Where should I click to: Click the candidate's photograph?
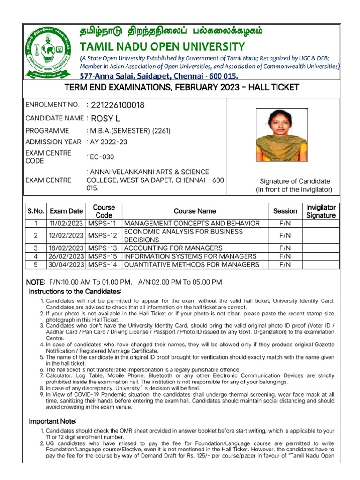(282, 135)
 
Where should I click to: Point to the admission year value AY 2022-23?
(108, 142)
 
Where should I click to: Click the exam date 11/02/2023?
(67, 223)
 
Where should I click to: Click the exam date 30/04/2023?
(67, 265)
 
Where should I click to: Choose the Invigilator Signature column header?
(321, 211)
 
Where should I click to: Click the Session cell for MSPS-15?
(285, 256)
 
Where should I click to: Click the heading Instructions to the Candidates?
(75, 292)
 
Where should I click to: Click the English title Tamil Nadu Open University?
(163, 46)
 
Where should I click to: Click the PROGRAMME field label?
(47, 131)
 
